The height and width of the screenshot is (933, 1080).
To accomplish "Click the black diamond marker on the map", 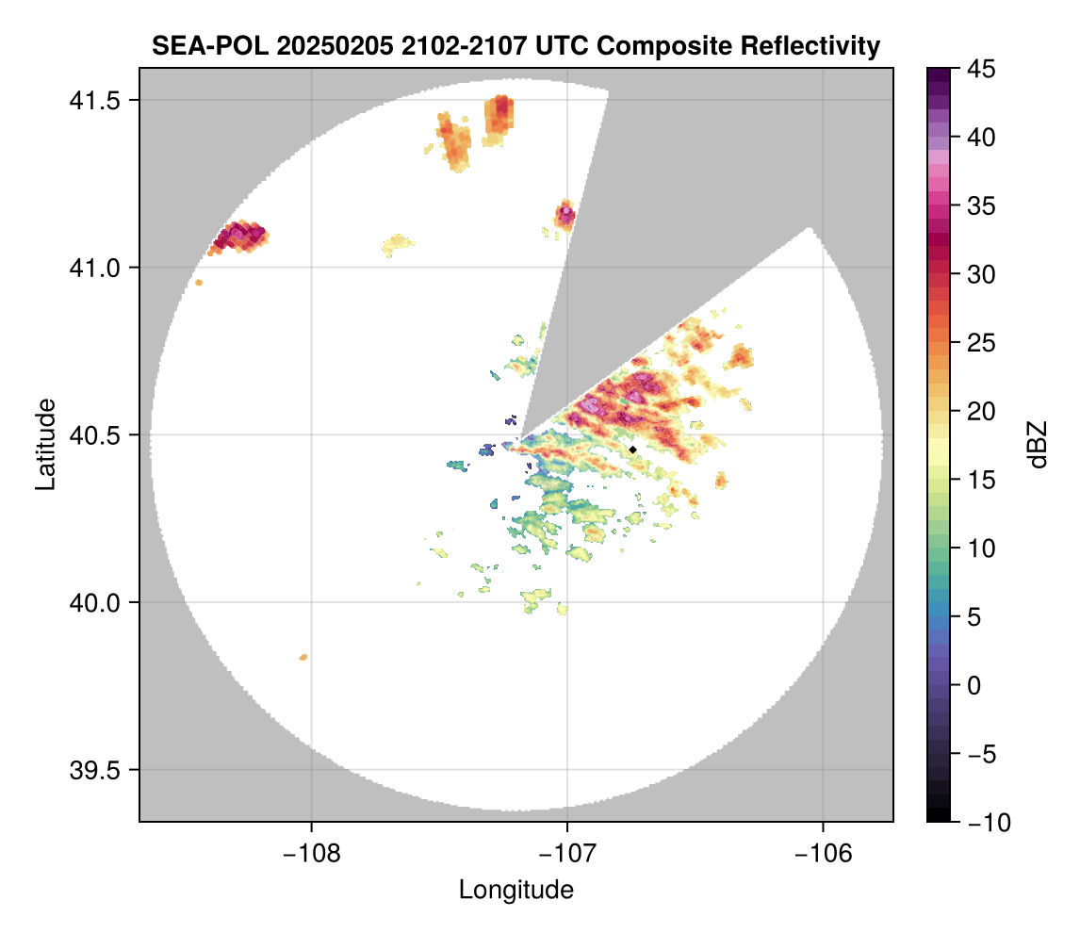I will point(633,450).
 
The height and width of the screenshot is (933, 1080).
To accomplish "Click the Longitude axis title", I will point(516,889).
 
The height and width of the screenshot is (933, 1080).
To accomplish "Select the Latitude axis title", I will point(44,444).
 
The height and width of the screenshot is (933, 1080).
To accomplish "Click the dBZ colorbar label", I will point(1038,445).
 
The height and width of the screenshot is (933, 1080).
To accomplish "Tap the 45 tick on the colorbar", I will point(980,69).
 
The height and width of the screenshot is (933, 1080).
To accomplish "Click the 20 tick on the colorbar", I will point(980,412).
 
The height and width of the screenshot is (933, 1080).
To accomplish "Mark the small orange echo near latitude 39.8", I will point(303,657).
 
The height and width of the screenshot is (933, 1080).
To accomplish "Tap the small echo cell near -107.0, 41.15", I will point(565,215).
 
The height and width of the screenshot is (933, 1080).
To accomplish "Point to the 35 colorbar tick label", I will point(980,206).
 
